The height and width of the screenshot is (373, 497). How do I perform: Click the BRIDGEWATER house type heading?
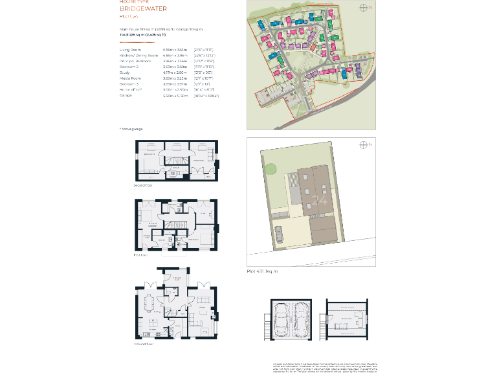click(143, 9)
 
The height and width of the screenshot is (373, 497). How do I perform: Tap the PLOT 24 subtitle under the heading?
click(129, 17)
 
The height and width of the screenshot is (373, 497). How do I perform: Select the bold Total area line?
click(152, 34)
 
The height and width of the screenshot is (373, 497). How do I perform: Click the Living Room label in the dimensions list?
click(131, 50)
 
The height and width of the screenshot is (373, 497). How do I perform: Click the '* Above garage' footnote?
click(131, 129)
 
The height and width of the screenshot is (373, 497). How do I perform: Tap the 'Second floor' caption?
click(143, 185)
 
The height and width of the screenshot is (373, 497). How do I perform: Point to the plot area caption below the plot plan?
click(263, 271)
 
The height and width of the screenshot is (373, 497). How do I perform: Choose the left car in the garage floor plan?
click(282, 318)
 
